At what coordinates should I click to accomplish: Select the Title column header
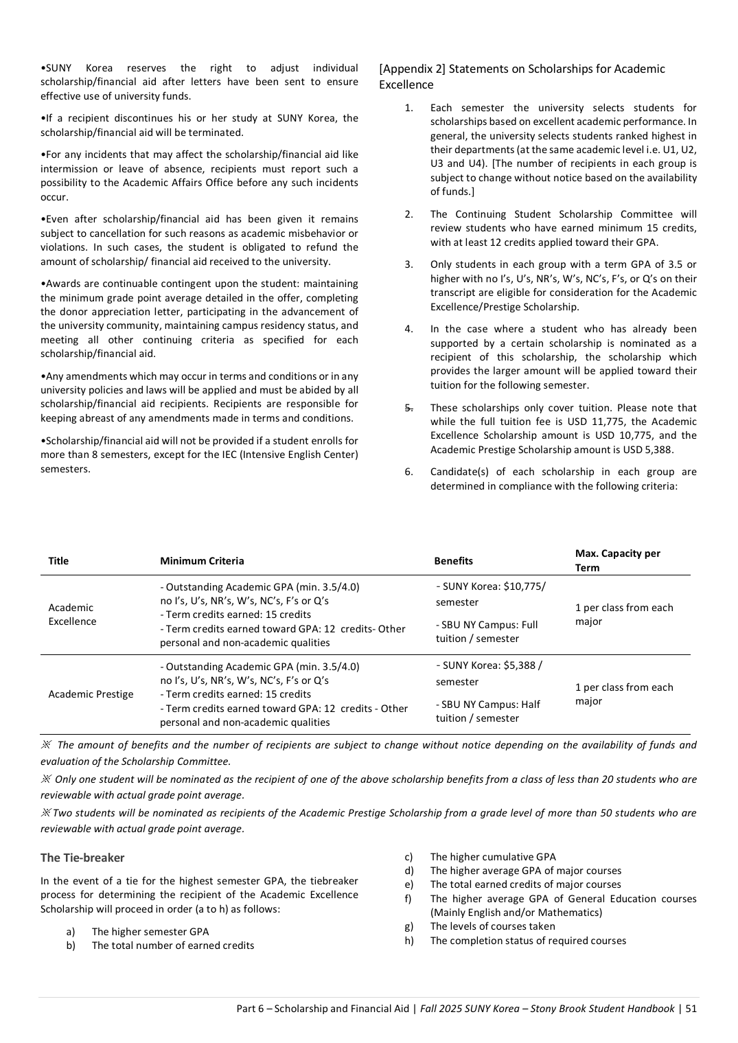pyautogui.click(x=58, y=561)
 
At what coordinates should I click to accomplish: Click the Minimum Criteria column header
pyautogui.click(x=202, y=561)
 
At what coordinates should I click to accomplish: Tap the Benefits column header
pyautogui.click(x=453, y=561)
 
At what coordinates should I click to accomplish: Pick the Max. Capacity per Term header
pyautogui.click(x=617, y=560)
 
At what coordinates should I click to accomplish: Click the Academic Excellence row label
pyautogui.click(x=72, y=615)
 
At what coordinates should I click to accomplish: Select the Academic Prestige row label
pyautogui.click(x=91, y=694)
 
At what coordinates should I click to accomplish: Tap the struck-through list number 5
pyautogui.click(x=408, y=408)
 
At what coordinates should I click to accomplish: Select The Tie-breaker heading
pyautogui.click(x=82, y=858)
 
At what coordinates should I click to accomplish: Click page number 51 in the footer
pyautogui.click(x=691, y=1009)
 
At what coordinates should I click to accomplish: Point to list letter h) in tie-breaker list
pyautogui.click(x=408, y=941)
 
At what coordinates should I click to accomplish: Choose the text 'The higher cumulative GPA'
pyautogui.click(x=492, y=857)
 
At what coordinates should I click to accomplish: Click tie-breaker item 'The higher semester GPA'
pyautogui.click(x=150, y=932)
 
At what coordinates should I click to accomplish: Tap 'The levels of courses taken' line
pyautogui.click(x=492, y=926)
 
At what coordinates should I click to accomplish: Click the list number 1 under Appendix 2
pyautogui.click(x=408, y=108)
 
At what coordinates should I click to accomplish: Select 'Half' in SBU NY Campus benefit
pyautogui.click(x=529, y=704)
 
